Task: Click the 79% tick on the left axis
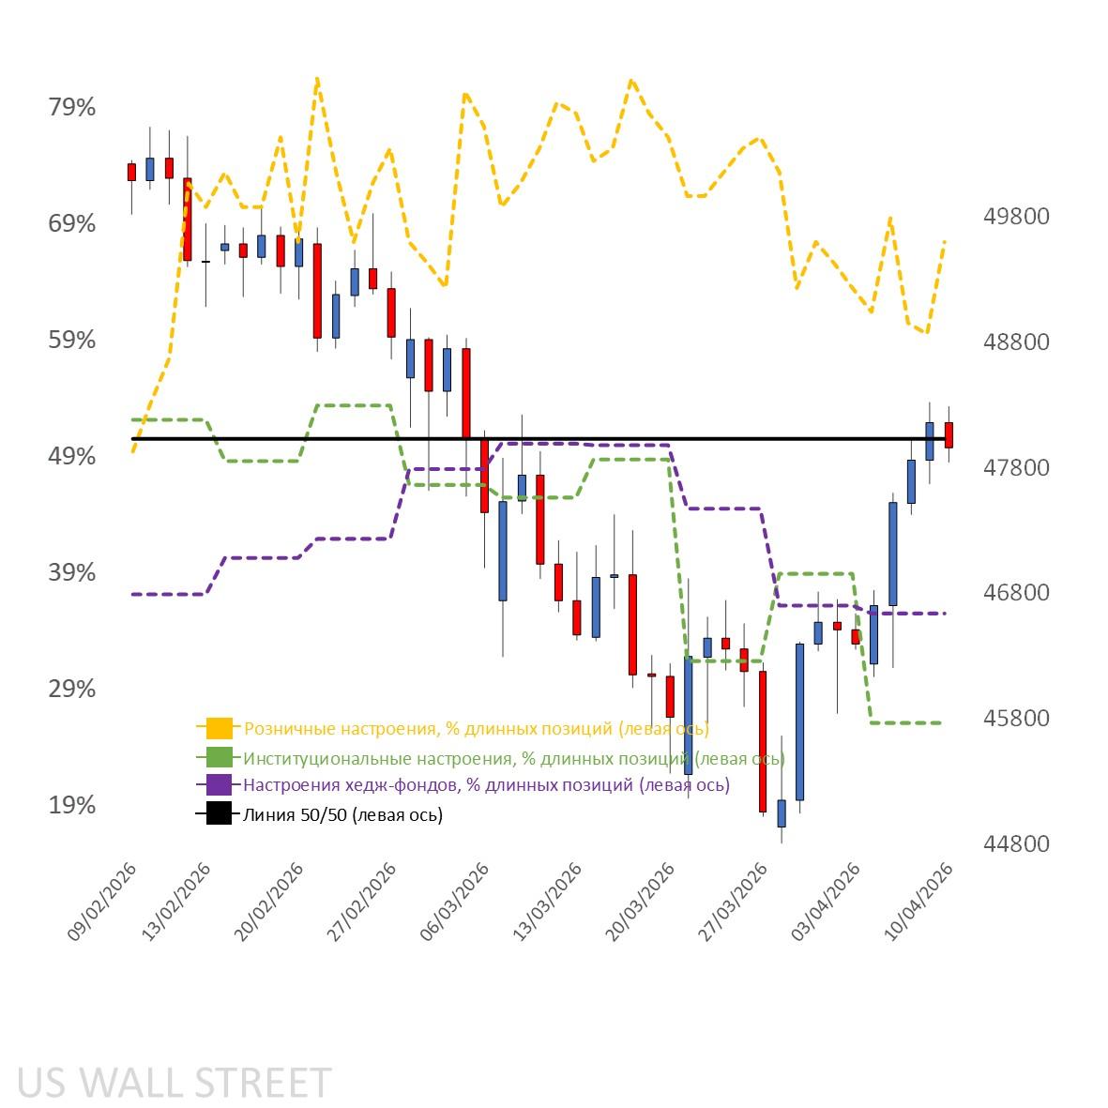(72, 107)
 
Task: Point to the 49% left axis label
(72, 456)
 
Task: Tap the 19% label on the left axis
(72, 805)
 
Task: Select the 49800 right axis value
(1016, 216)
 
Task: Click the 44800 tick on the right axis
(1016, 843)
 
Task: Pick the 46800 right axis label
(1016, 593)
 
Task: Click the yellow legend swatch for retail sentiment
(219, 728)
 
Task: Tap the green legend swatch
(219, 757)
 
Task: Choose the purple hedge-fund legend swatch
(219, 785)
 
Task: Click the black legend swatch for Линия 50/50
(219, 814)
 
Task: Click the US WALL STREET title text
(175, 1083)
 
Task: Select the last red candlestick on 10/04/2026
(949, 434)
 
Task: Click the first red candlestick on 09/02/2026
(131, 172)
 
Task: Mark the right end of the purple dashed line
(946, 614)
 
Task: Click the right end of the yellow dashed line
(946, 240)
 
